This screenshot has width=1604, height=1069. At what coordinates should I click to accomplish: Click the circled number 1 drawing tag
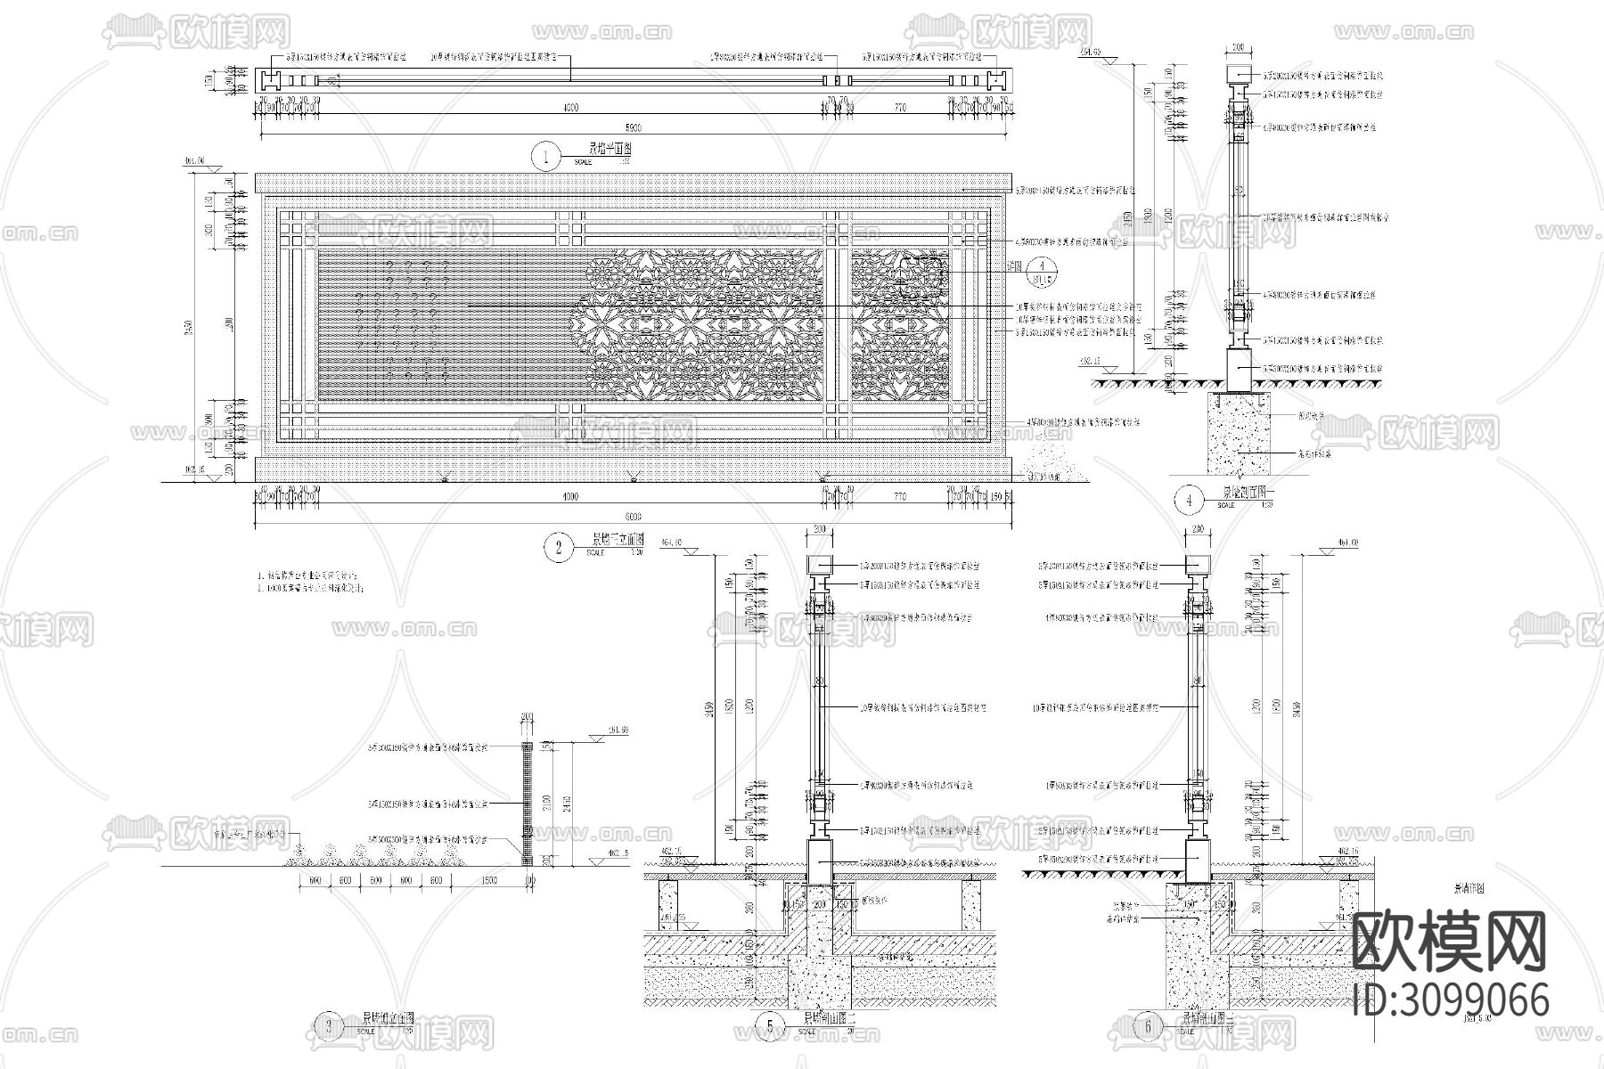tap(545, 158)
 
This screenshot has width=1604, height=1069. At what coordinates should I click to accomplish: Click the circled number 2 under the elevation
tap(559, 547)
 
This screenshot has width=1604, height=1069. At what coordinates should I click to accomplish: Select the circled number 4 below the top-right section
tap(1189, 502)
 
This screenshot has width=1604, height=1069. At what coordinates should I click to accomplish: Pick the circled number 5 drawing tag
tap(769, 1027)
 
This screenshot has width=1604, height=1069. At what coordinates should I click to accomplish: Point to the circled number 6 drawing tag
tap(1149, 1027)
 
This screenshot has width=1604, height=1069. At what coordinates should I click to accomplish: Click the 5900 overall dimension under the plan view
tap(633, 128)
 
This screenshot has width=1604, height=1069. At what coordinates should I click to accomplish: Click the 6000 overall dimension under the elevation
tap(633, 516)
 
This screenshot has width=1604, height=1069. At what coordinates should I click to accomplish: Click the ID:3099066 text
tap(1450, 998)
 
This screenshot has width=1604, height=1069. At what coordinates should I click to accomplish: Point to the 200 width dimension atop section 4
tap(1238, 46)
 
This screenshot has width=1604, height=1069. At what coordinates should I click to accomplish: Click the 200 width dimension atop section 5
tap(820, 530)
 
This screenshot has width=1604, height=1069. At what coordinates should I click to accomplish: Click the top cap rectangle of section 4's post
tap(1238, 72)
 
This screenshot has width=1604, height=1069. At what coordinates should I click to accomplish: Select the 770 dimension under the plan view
tap(899, 109)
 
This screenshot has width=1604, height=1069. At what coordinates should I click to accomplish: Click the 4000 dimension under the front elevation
tap(570, 496)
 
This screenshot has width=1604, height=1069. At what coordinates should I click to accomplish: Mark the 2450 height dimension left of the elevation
tap(187, 330)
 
